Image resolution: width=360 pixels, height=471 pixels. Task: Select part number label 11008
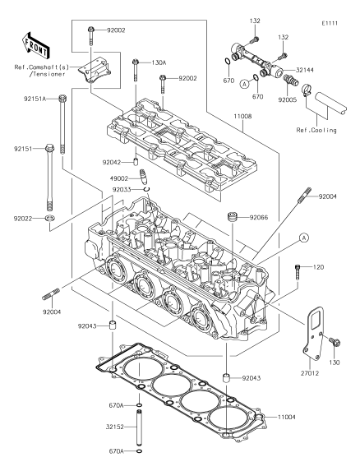[243, 116]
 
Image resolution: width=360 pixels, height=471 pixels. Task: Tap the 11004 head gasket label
[286, 418]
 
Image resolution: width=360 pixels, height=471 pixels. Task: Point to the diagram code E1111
[330, 23]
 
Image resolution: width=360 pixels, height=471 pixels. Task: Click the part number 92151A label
[35, 99]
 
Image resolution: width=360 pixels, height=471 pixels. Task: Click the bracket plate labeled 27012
[313, 333]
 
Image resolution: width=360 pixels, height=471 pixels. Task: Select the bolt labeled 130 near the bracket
[335, 342]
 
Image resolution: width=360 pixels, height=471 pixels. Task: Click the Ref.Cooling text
[316, 130]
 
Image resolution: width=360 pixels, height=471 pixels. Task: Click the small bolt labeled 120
[298, 271]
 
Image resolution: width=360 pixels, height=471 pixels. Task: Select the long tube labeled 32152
[140, 427]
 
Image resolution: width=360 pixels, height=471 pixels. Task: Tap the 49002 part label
[119, 178]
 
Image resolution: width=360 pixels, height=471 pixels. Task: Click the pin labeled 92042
[136, 161]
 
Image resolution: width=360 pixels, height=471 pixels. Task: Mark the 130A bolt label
[159, 62]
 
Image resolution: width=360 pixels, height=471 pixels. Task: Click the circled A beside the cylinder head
[304, 238]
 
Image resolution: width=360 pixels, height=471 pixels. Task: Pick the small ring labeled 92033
[146, 189]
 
